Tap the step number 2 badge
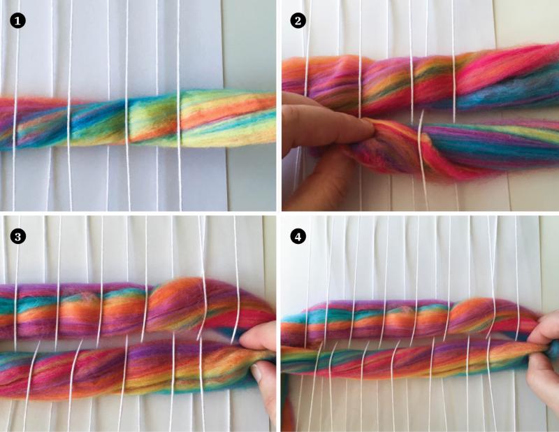pos(298,20)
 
